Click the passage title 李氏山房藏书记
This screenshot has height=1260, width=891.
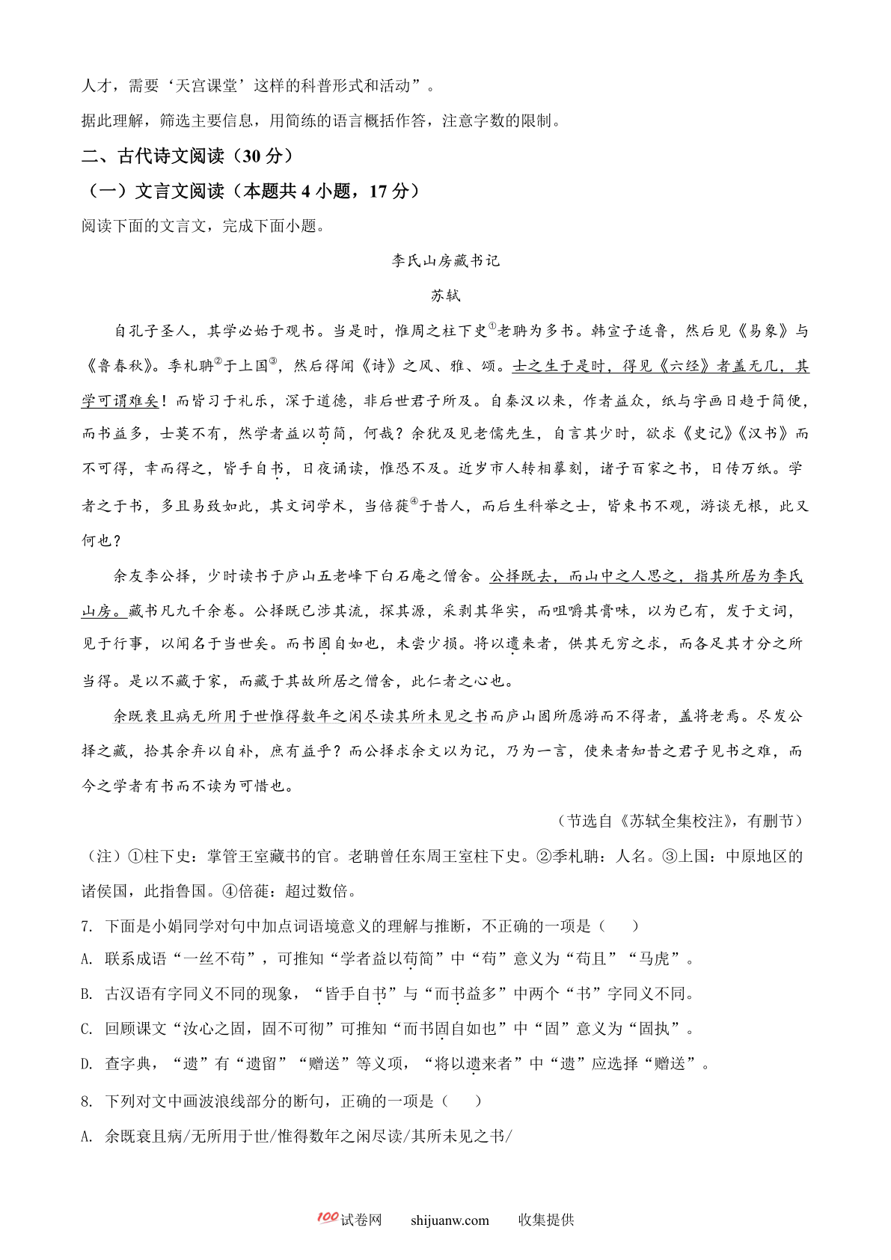click(445, 260)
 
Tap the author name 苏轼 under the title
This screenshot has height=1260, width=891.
click(445, 296)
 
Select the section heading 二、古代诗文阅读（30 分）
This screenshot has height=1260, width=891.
click(187, 156)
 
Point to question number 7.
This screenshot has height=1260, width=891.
click(87, 926)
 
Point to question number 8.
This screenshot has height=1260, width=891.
click(87, 1101)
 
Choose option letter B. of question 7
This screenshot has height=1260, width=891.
click(87, 994)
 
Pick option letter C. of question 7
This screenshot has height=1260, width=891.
click(87, 1030)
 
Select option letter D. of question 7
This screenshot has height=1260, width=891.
click(87, 1064)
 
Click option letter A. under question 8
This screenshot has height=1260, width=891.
click(87, 1137)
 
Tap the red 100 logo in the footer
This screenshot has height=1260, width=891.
click(327, 1217)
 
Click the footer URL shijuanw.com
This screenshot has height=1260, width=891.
click(450, 1220)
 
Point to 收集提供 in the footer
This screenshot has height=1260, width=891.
click(546, 1220)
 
